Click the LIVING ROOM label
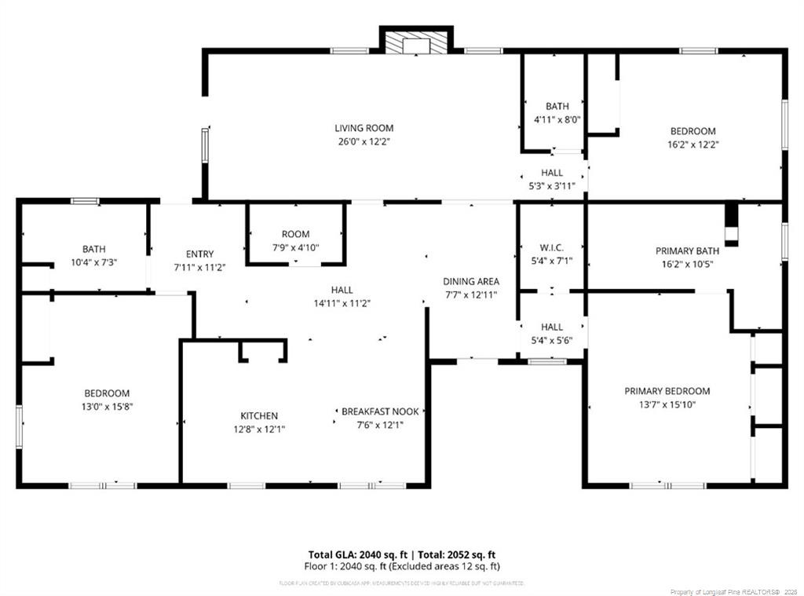(364, 128)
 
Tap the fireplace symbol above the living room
(417, 45)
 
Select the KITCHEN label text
(258, 415)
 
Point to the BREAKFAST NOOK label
(380, 411)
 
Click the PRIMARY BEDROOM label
(667, 391)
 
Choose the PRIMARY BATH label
(687, 251)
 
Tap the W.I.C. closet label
(551, 247)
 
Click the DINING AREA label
(470, 281)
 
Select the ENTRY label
(199, 254)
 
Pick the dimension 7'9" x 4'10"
(295, 247)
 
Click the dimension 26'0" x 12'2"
(364, 142)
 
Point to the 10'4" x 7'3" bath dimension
(94, 262)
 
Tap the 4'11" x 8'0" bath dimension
(557, 120)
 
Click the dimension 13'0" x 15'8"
(107, 407)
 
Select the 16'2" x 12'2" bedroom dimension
(693, 144)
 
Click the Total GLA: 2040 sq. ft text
(354, 554)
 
